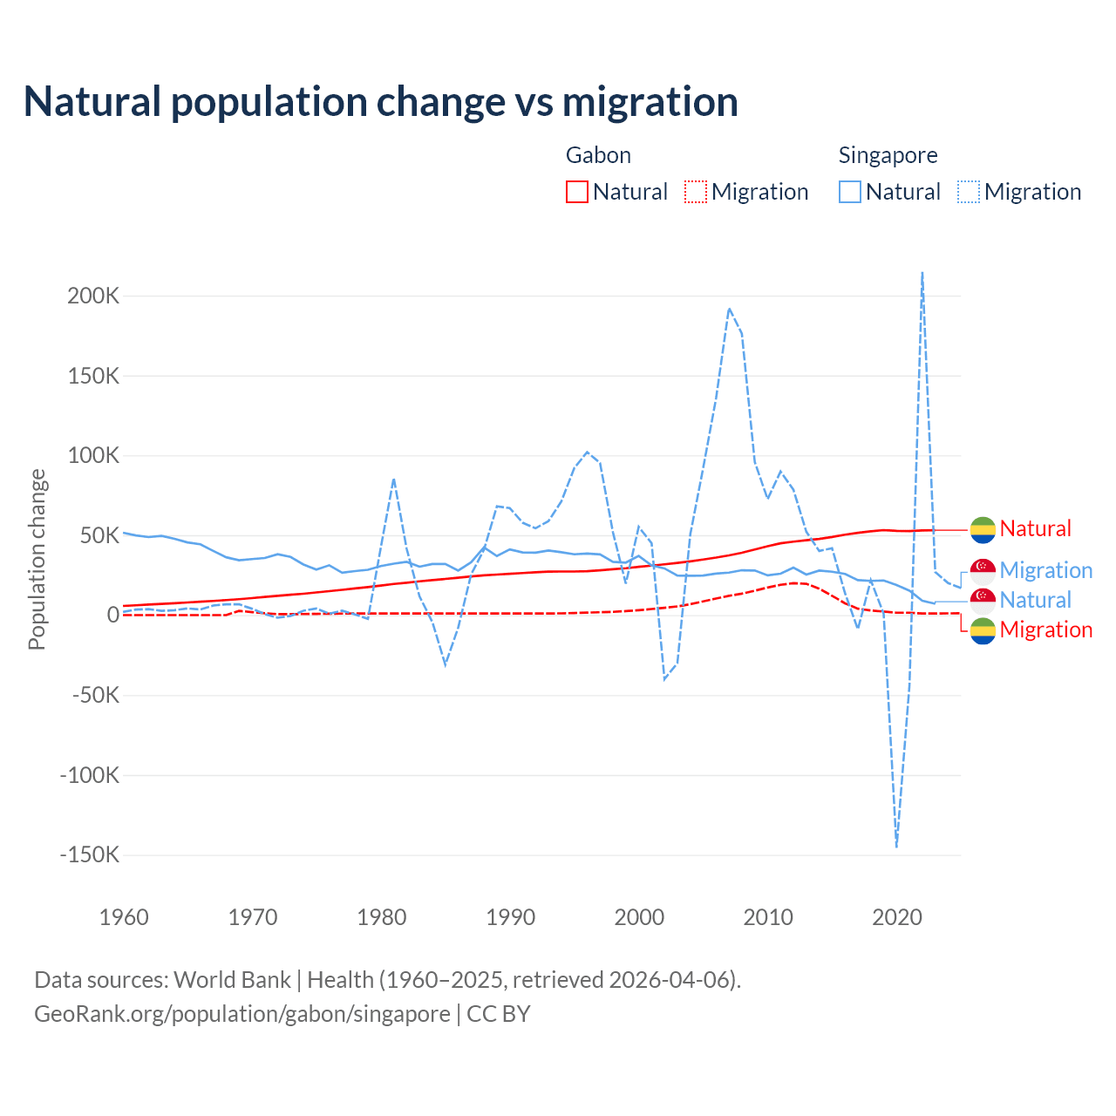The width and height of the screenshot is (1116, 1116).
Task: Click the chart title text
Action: coord(381,101)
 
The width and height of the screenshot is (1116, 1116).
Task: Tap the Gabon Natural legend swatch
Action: coord(577,192)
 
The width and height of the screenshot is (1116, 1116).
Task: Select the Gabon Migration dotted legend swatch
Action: coord(696,192)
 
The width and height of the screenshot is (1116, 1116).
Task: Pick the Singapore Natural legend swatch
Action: coord(850,192)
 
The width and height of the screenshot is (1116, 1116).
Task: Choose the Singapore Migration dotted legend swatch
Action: coord(969,192)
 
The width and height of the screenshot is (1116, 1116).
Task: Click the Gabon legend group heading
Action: coord(598,155)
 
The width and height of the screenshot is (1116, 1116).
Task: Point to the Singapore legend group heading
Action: coord(888,155)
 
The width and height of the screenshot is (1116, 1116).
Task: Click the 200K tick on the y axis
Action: coord(93,296)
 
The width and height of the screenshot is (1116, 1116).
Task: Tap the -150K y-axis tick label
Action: coord(89,854)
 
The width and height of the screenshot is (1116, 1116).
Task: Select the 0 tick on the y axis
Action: coord(112,615)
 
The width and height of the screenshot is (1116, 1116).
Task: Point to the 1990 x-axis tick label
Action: coord(511,917)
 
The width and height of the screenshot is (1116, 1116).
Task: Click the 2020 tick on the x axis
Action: coord(897,917)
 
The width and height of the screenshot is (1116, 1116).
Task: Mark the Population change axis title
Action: coord(37,559)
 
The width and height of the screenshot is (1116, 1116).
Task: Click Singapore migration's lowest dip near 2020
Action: coord(896,845)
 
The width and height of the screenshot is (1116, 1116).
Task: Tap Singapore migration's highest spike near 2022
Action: coord(922,274)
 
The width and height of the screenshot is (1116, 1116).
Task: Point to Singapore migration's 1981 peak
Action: coord(394,479)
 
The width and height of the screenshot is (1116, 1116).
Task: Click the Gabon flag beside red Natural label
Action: coord(983,528)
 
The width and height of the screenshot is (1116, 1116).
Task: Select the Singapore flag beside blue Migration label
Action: coord(983,570)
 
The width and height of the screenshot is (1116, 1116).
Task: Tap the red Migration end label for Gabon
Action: coord(1045,629)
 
